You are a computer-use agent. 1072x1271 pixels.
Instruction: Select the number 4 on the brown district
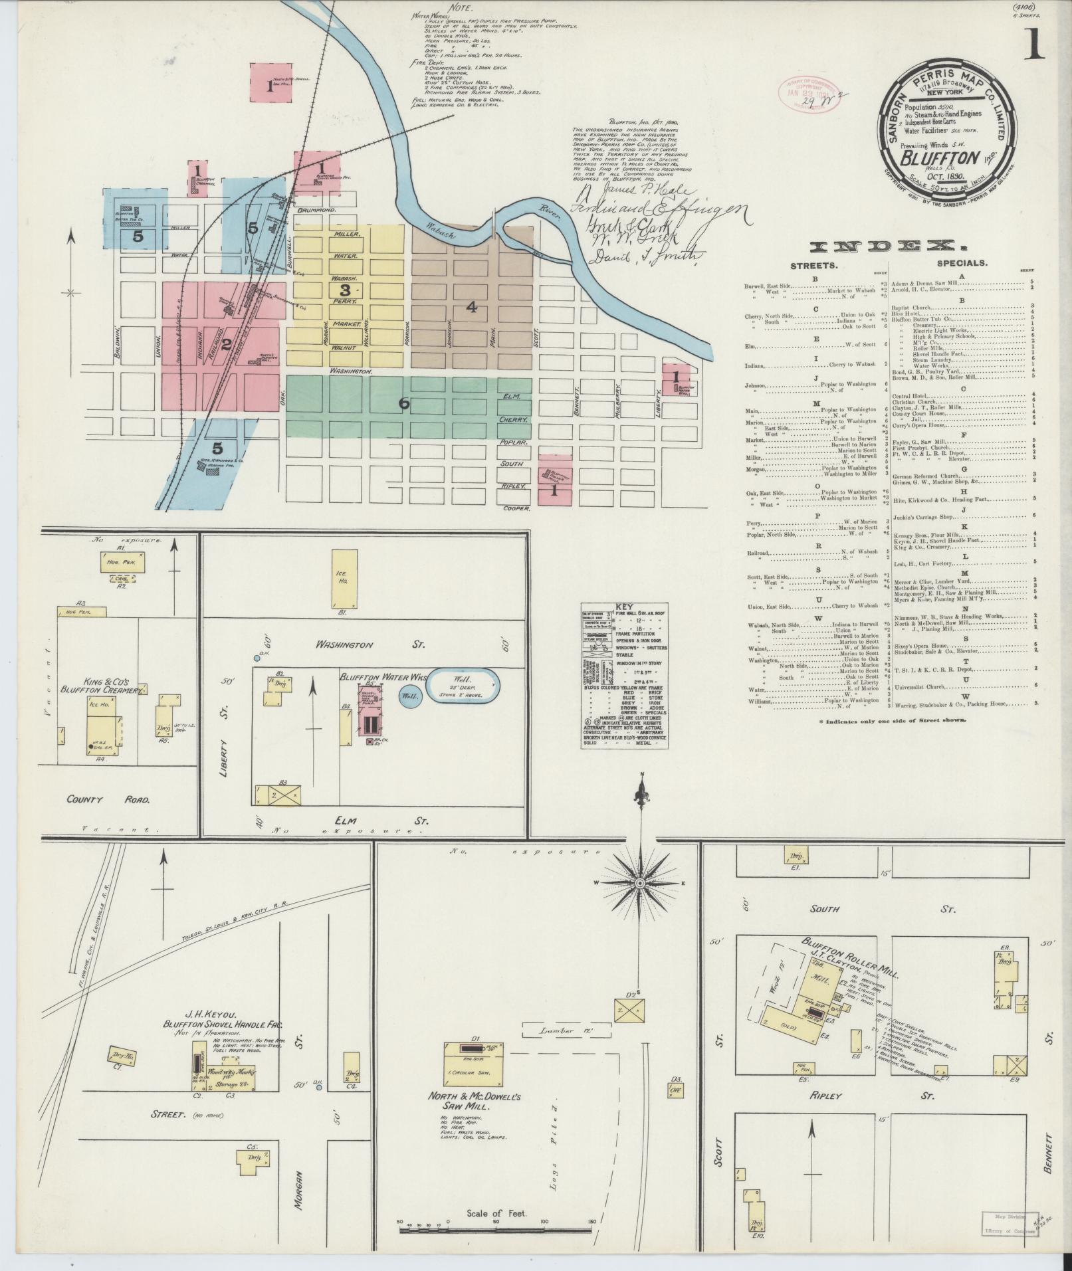point(471,307)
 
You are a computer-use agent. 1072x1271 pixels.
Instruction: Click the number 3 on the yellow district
point(344,290)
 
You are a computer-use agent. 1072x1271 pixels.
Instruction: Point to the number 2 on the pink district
point(226,344)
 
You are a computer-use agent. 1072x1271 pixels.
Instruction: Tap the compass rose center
point(639,883)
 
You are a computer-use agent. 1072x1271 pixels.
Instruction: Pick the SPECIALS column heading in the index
point(962,262)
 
